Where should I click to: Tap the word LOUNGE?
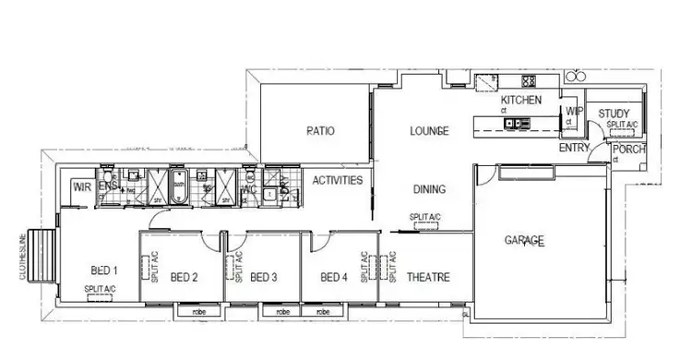click(429, 132)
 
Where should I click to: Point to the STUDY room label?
click(614, 114)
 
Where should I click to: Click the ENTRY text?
click(575, 148)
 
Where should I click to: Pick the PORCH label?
click(629, 150)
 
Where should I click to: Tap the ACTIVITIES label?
click(337, 180)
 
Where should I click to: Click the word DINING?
click(429, 189)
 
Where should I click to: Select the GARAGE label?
click(524, 241)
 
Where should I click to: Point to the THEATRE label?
click(428, 277)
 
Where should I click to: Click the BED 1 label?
click(104, 270)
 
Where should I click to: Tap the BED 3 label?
click(264, 277)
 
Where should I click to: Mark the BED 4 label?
click(333, 277)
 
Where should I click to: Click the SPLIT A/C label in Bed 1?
click(100, 290)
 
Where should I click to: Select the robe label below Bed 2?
click(198, 312)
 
